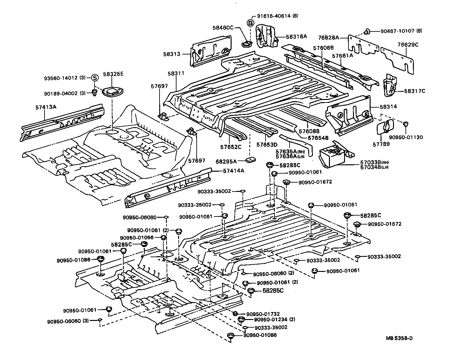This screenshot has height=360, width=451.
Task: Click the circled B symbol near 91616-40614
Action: (x=250, y=23)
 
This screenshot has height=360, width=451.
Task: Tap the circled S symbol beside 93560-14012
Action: (x=94, y=78)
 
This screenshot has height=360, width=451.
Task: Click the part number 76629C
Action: (x=408, y=45)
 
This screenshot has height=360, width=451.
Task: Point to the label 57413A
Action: (x=46, y=107)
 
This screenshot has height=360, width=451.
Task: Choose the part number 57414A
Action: (x=234, y=170)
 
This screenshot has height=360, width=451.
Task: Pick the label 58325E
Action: (x=113, y=74)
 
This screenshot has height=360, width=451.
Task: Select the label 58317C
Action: (x=414, y=91)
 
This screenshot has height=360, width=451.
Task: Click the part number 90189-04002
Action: (x=61, y=93)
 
